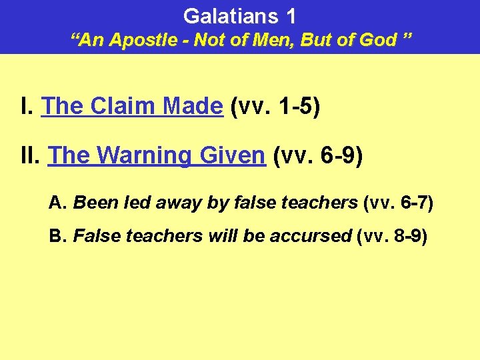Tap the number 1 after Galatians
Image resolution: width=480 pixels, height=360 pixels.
tap(290, 16)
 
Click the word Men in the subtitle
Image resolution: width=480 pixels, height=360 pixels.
tap(276, 40)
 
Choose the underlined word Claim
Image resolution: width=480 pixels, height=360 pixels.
tap(121, 106)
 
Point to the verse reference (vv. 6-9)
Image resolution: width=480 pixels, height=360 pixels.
tap(317, 156)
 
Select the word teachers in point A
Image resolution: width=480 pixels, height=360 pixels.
tap(326, 203)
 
